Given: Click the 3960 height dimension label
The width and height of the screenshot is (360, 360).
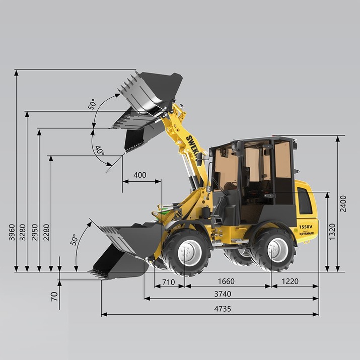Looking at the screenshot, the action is pyautogui.click(x=12, y=232).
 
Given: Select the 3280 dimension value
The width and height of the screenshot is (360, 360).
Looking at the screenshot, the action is pyautogui.click(x=23, y=232).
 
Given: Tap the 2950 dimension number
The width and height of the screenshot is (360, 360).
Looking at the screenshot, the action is pyautogui.click(x=34, y=232).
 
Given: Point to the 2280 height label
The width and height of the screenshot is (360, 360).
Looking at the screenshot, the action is pyautogui.click(x=46, y=232).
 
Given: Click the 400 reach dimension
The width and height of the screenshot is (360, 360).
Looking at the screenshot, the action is pyautogui.click(x=140, y=175).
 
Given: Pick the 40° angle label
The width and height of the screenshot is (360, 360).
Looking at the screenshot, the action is pyautogui.click(x=100, y=151).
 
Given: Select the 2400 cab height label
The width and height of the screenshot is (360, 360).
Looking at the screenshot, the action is pyautogui.click(x=343, y=203).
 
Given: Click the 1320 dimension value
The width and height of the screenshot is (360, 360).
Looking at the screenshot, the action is pyautogui.click(x=332, y=232).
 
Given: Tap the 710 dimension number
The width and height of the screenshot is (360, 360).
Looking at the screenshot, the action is pyautogui.click(x=169, y=282).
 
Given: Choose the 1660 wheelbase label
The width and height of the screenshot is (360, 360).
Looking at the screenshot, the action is pyautogui.click(x=226, y=281).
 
